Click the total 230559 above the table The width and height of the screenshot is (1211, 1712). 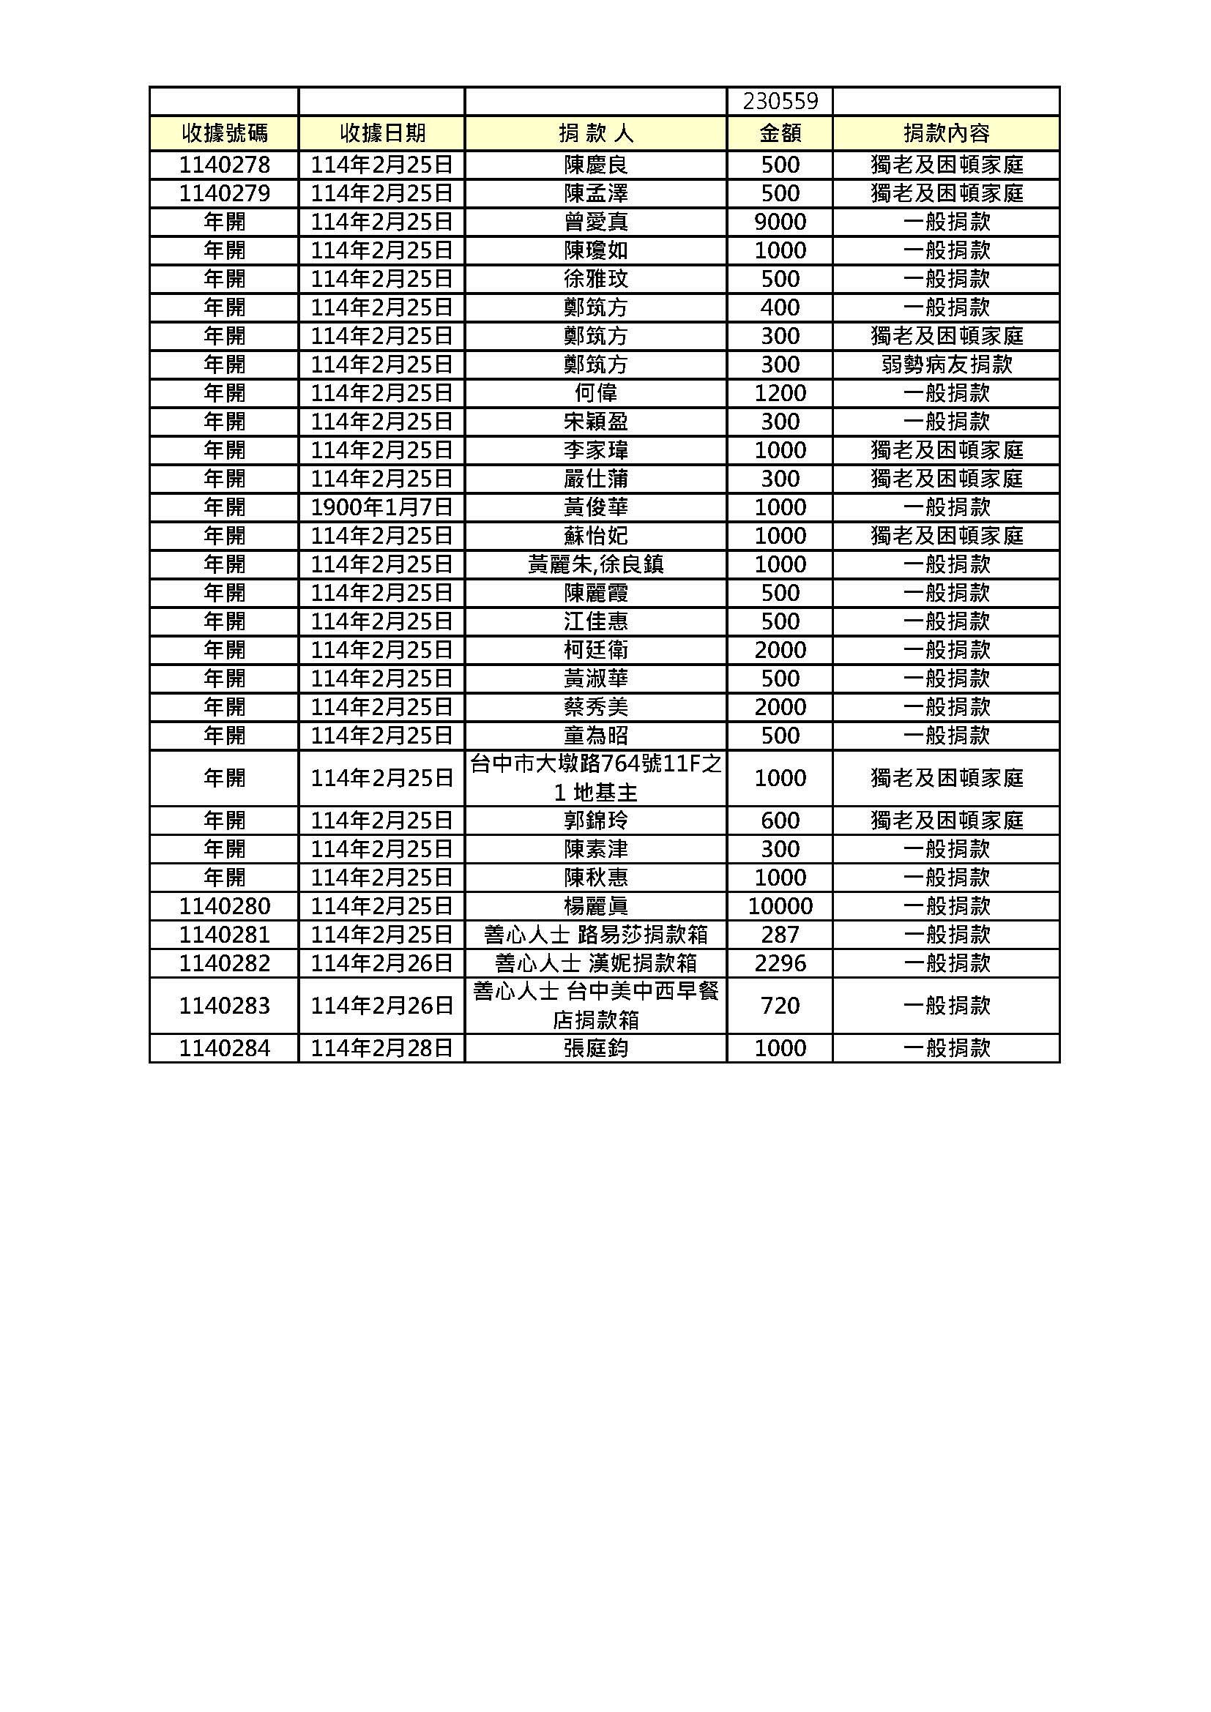tap(780, 101)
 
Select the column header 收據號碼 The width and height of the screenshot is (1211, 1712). tap(225, 133)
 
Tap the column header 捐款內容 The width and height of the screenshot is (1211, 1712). tap(946, 133)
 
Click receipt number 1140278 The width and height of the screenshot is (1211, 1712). tap(225, 165)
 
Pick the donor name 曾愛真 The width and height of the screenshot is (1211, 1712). tap(596, 223)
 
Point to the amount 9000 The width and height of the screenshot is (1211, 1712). tap(780, 223)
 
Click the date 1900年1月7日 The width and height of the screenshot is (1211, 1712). tap(381, 508)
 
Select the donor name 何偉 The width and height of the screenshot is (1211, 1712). tap(596, 393)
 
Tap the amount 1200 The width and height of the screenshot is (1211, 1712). tap(780, 393)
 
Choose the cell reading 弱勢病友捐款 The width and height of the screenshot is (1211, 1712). tap(946, 365)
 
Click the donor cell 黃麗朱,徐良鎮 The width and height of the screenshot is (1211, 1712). tap(596, 564)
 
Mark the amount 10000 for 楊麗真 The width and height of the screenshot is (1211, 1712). tap(780, 907)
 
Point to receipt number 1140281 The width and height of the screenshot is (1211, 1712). tap(225, 935)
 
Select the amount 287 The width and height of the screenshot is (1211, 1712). tap(780, 935)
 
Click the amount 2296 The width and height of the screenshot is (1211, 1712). tap(780, 963)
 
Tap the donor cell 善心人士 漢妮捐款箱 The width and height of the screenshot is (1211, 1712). tap(596, 963)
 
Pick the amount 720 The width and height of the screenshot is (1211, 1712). tap(780, 1006)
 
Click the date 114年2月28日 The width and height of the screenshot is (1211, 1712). tap(381, 1048)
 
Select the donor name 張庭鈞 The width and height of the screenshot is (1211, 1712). tap(596, 1048)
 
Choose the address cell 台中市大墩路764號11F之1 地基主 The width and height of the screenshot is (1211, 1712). tap(596, 779)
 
